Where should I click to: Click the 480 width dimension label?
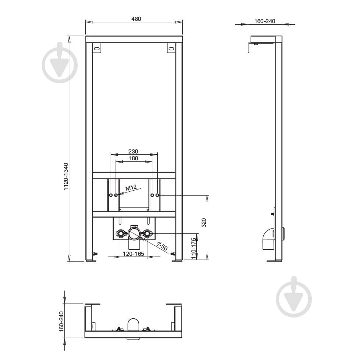pos(134,19)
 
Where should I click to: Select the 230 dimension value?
pos(133,151)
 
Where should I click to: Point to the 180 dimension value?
pos(133,158)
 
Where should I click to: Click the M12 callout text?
pos(131,187)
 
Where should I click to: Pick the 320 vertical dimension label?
pos(203,222)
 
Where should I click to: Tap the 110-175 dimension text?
pos(194,248)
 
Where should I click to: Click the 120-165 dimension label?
pos(133,254)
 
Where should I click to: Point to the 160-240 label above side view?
pos(265,21)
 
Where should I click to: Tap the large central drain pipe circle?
pos(134,233)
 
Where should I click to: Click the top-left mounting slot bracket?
pos(97,49)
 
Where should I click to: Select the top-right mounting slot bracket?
pos(171,49)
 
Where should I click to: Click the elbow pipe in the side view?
pos(268,239)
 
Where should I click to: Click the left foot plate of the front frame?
pos(91,260)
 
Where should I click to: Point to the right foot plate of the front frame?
pos(177,260)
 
